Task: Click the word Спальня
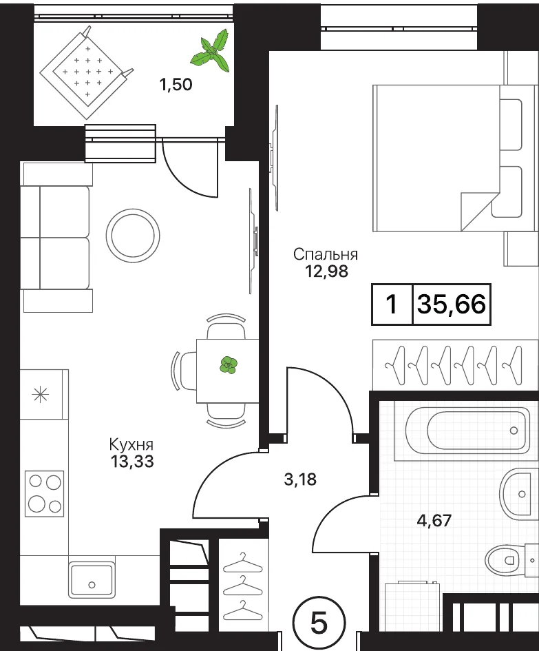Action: point(326,254)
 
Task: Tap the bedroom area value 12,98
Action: point(326,271)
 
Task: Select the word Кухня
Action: point(131,444)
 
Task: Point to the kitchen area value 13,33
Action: point(132,462)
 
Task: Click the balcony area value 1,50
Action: point(176,85)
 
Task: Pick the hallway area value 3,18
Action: point(300,479)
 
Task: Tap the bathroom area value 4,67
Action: point(434,520)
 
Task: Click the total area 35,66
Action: point(452,304)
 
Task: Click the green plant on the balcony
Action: point(211,51)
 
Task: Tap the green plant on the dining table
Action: point(228,364)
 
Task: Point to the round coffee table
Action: point(133,236)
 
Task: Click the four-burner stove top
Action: point(44,494)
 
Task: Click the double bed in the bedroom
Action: point(453,158)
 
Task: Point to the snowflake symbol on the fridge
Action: point(41,394)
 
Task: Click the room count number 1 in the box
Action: point(392,304)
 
